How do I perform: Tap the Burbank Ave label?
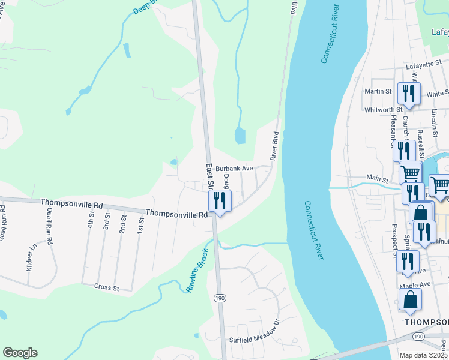pos(235,169)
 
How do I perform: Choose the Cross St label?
pos(106,287)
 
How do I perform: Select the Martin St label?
pos(378,91)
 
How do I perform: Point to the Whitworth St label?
pos(383,109)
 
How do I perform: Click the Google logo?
pos(20,353)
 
